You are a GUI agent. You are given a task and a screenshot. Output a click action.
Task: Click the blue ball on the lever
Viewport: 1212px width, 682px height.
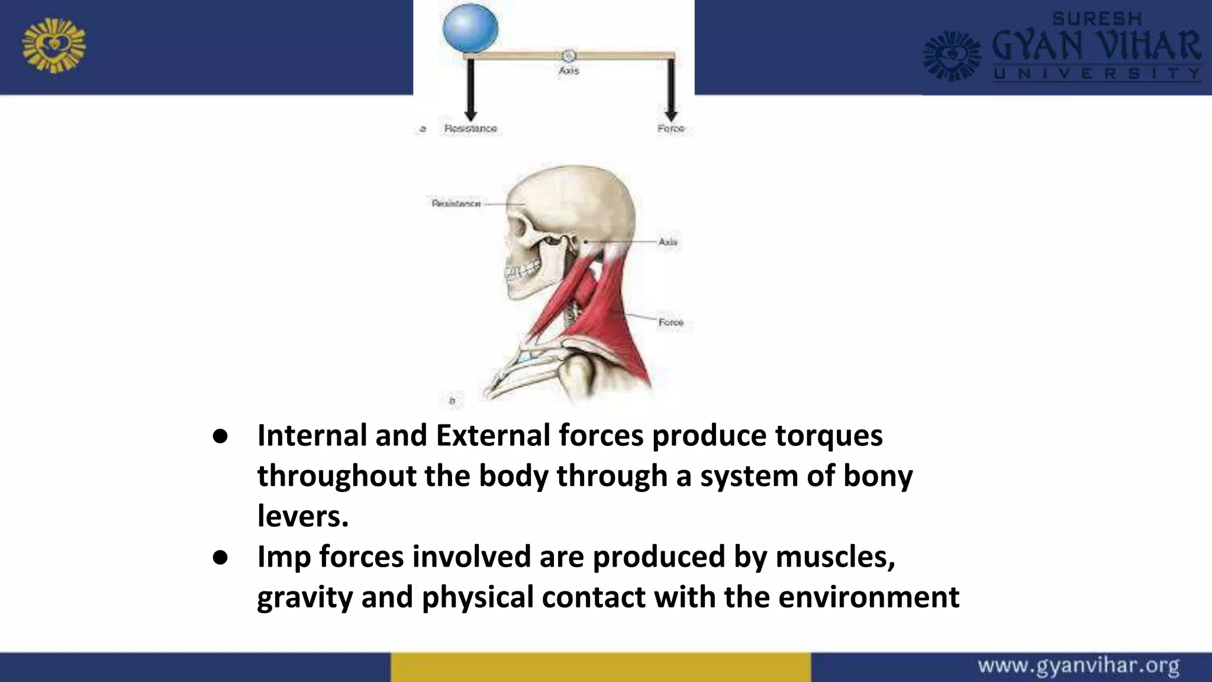pyautogui.click(x=470, y=27)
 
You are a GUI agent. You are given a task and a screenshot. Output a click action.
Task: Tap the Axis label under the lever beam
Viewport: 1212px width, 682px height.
pyautogui.click(x=569, y=70)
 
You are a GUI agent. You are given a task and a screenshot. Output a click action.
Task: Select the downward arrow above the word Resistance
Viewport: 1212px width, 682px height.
pyautogui.click(x=470, y=89)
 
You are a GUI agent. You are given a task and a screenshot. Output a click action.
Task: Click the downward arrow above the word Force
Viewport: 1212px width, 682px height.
pyautogui.click(x=671, y=89)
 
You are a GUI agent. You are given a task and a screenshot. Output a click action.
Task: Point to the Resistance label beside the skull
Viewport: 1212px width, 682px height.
pyautogui.click(x=456, y=204)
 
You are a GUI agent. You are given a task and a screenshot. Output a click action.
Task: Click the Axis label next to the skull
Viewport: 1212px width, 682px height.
pyautogui.click(x=668, y=242)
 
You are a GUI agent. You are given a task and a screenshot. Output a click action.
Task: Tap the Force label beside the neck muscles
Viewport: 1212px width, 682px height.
pyautogui.click(x=671, y=322)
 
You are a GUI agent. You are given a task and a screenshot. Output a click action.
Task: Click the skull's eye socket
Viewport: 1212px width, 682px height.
pyautogui.click(x=520, y=227)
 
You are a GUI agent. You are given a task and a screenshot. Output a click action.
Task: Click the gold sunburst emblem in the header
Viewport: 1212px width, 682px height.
pyautogui.click(x=54, y=46)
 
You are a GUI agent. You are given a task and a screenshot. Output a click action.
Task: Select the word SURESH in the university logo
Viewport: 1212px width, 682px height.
pyautogui.click(x=1097, y=19)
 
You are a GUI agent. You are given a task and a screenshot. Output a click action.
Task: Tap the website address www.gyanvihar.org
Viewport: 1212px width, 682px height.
pyautogui.click(x=1078, y=666)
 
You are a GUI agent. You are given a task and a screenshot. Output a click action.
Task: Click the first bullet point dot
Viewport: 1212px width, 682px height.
pyautogui.click(x=220, y=436)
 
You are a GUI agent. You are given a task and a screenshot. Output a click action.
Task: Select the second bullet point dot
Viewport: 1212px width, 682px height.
pyautogui.click(x=220, y=557)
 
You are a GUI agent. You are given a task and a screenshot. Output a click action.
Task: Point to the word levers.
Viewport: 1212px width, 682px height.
pyautogui.click(x=302, y=516)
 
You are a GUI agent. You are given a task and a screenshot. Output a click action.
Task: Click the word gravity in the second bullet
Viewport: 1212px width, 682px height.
pyautogui.click(x=305, y=597)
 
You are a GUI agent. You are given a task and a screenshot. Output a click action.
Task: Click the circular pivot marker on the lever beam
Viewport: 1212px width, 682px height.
pyautogui.click(x=568, y=56)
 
